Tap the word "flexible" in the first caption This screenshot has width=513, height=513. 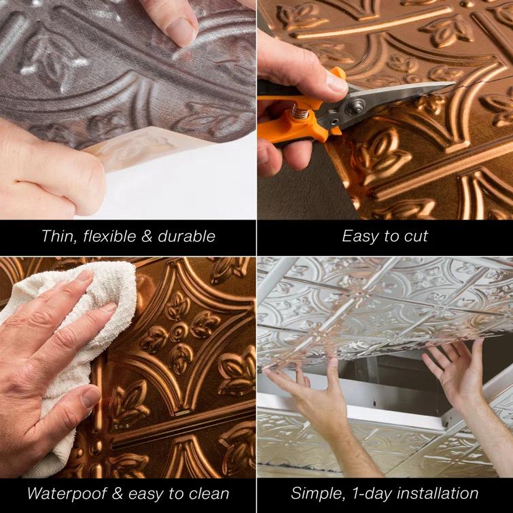[106, 236]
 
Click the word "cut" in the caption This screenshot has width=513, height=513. [415, 236]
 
